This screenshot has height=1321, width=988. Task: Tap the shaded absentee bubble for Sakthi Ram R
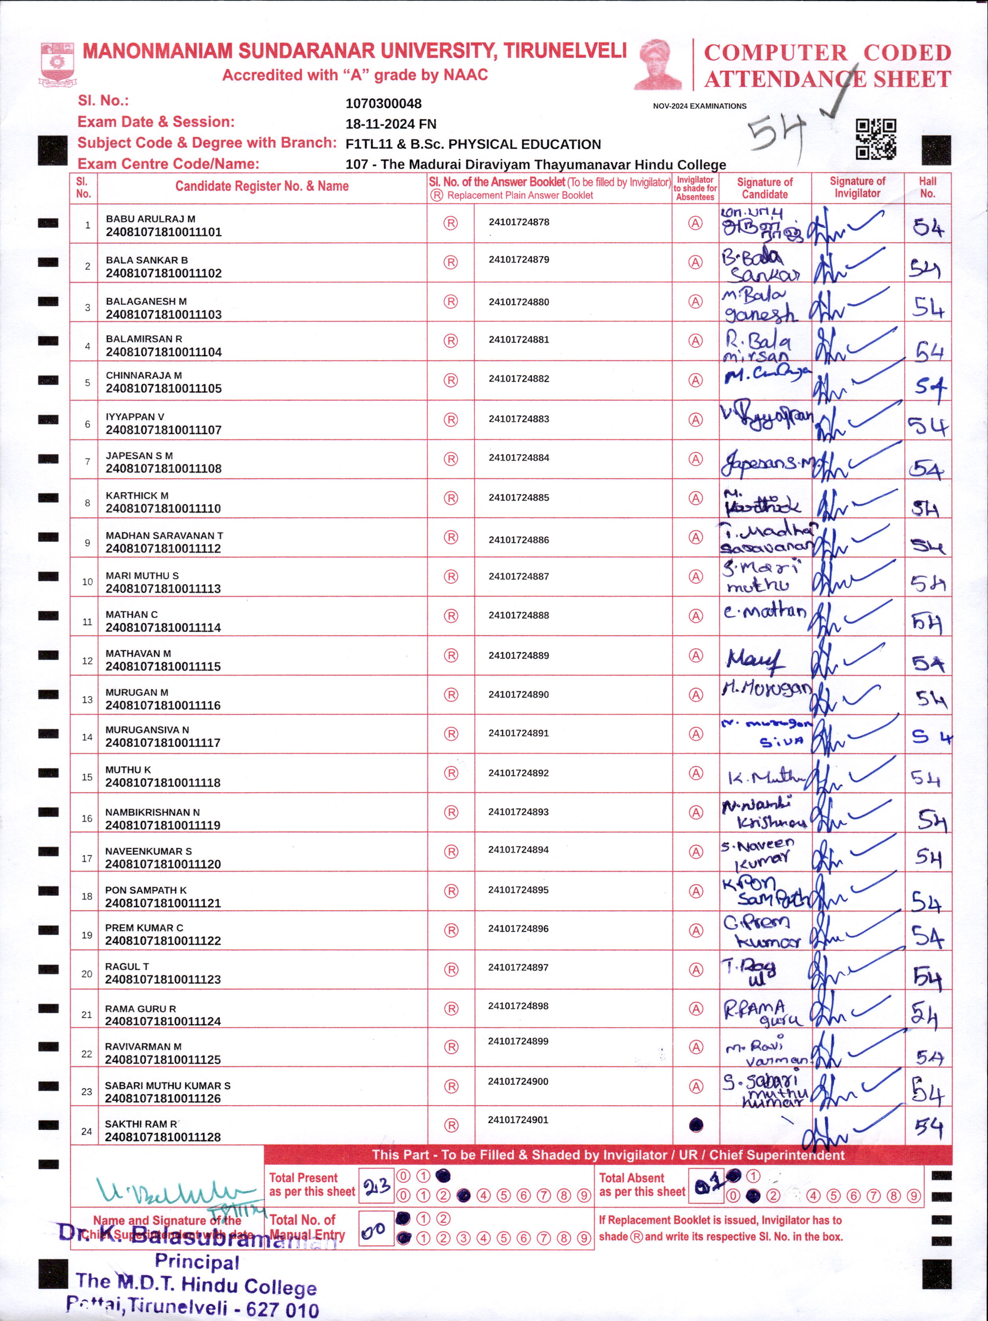(x=696, y=1125)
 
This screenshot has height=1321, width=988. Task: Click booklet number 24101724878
(x=519, y=222)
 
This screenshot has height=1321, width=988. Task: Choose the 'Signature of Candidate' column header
(x=765, y=188)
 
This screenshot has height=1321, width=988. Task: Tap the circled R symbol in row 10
(x=451, y=576)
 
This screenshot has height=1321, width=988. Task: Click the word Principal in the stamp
(x=197, y=1262)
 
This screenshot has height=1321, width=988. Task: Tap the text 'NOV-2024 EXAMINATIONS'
(x=699, y=106)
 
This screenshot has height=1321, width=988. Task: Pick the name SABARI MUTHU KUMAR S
(x=168, y=1086)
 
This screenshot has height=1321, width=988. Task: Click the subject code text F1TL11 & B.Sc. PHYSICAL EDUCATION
(x=473, y=144)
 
